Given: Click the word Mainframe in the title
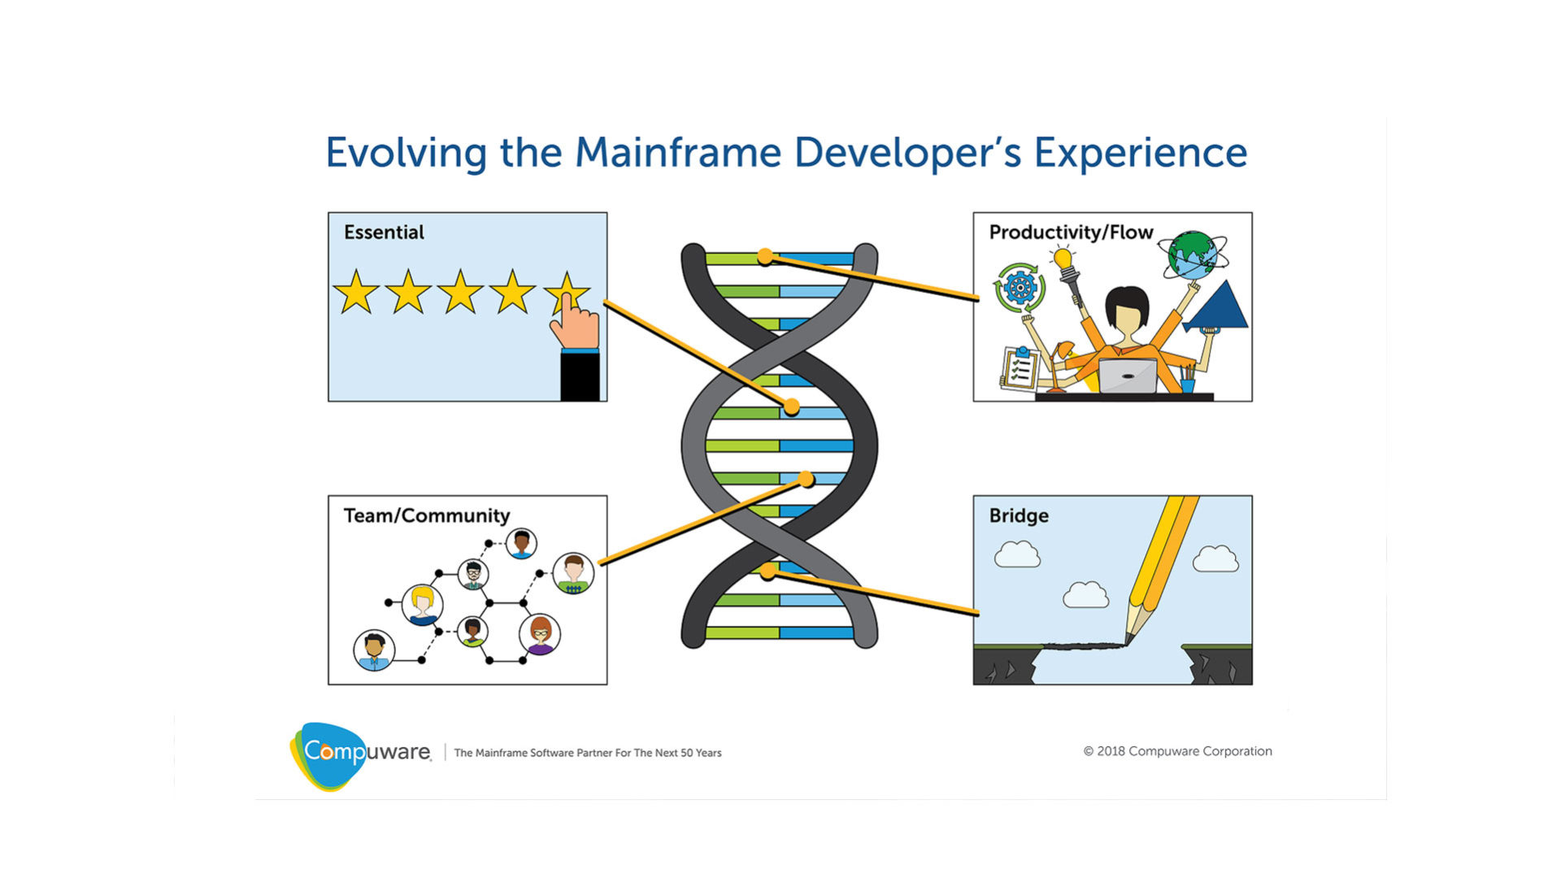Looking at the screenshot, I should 677,153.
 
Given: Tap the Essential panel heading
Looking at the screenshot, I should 384,233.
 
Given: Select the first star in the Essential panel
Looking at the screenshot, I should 356,293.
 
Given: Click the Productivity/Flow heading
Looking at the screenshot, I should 1071,233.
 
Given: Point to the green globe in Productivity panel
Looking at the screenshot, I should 1192,255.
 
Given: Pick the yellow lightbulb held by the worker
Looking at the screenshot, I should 1063,259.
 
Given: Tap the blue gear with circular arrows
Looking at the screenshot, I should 1020,287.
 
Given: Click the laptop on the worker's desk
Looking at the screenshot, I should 1128,376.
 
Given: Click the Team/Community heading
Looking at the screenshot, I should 427,515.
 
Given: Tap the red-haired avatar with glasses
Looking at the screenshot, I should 540,634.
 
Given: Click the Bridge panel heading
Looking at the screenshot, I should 1019,515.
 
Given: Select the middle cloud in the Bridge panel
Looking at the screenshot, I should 1085,596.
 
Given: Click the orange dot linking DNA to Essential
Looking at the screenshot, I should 791,406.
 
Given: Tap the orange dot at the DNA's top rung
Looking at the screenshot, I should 765,257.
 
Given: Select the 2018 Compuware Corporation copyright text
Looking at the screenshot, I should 1177,751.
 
